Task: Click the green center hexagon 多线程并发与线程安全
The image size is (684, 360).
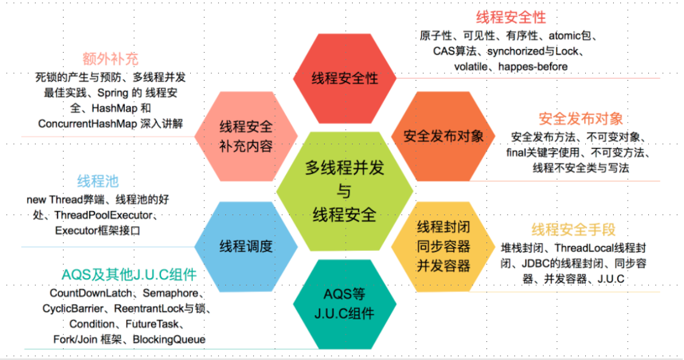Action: click(344, 191)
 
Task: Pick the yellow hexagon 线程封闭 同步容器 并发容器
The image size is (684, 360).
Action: click(443, 246)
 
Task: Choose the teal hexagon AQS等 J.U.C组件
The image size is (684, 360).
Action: click(344, 304)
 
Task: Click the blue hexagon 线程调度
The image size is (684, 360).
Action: click(245, 246)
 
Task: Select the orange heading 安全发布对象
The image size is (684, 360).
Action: click(580, 118)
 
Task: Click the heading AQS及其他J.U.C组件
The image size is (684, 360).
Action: click(129, 275)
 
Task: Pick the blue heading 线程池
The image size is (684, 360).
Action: click(98, 181)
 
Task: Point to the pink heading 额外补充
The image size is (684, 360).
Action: click(110, 59)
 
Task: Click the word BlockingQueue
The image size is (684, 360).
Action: click(169, 339)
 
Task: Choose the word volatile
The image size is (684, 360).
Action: click(471, 66)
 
